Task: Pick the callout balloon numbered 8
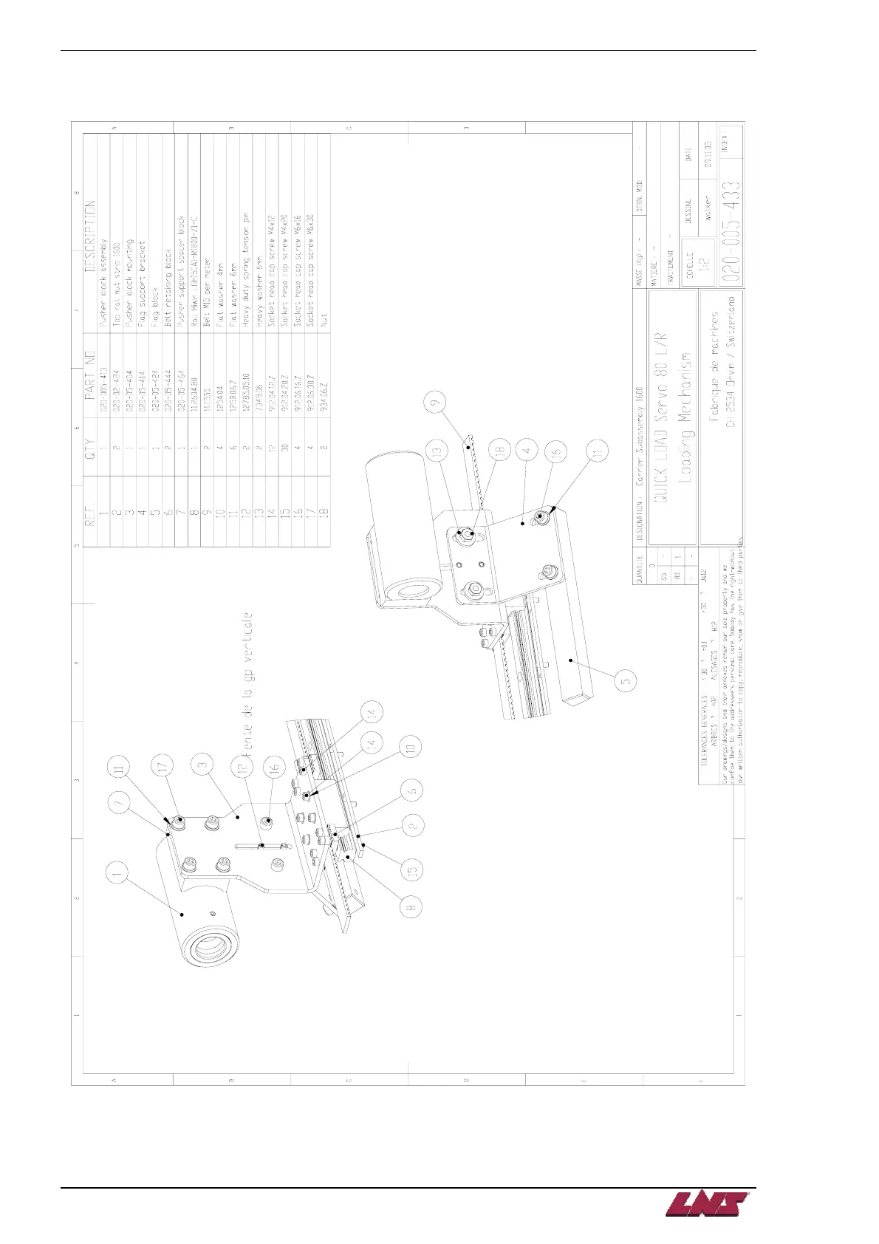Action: click(x=411, y=903)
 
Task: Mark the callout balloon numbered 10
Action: click(x=411, y=747)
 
